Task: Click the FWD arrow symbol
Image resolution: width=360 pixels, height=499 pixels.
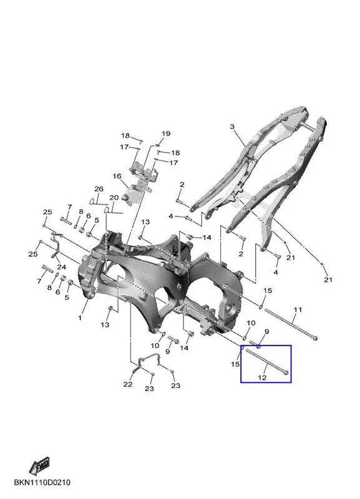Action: point(39,465)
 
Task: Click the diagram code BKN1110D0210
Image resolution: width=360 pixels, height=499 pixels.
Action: point(42,482)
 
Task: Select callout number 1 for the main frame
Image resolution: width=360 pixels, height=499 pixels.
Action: point(80,317)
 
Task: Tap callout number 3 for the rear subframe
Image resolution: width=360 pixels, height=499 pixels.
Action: point(232,127)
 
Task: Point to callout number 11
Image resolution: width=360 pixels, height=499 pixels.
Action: point(298,309)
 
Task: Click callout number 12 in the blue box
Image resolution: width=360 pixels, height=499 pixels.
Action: point(262,377)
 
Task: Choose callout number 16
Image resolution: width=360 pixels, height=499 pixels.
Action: point(117,176)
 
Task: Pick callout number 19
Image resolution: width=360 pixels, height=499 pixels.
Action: point(166,133)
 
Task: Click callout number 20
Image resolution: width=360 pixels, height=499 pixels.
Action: point(114,197)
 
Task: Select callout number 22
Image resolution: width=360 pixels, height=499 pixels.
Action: point(128,384)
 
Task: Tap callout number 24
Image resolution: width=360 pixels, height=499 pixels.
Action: point(61,267)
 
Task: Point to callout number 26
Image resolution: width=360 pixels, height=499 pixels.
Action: point(99,189)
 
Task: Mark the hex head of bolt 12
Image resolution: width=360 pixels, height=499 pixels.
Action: point(286,372)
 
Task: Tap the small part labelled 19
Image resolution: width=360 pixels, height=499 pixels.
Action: point(158,145)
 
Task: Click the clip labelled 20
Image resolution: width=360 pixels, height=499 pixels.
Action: point(107,210)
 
